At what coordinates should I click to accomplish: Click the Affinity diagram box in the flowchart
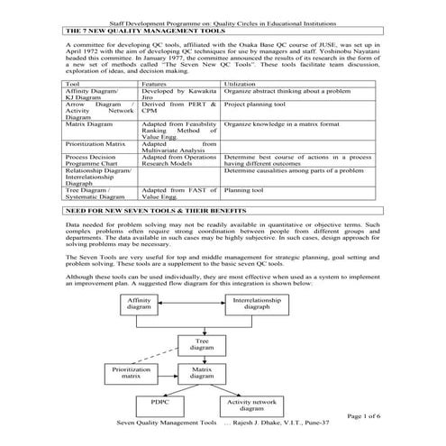point(139,303)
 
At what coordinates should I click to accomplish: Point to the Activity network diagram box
point(253,404)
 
